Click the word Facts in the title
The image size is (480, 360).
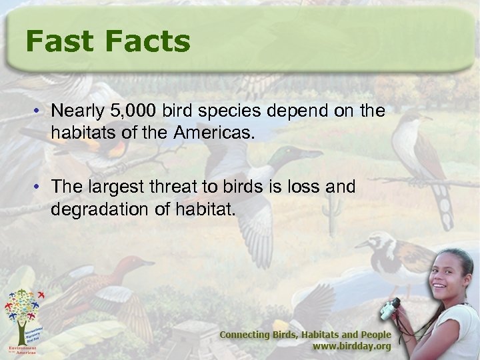point(148,41)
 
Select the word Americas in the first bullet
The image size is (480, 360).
point(215,131)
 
